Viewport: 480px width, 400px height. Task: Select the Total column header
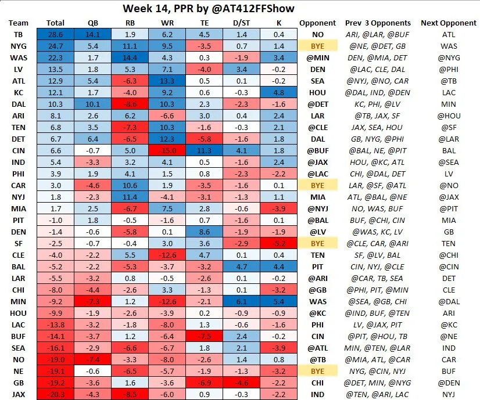point(55,23)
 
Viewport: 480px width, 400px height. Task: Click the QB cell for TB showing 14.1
point(92,34)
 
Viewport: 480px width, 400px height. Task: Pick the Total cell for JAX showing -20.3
point(55,394)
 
